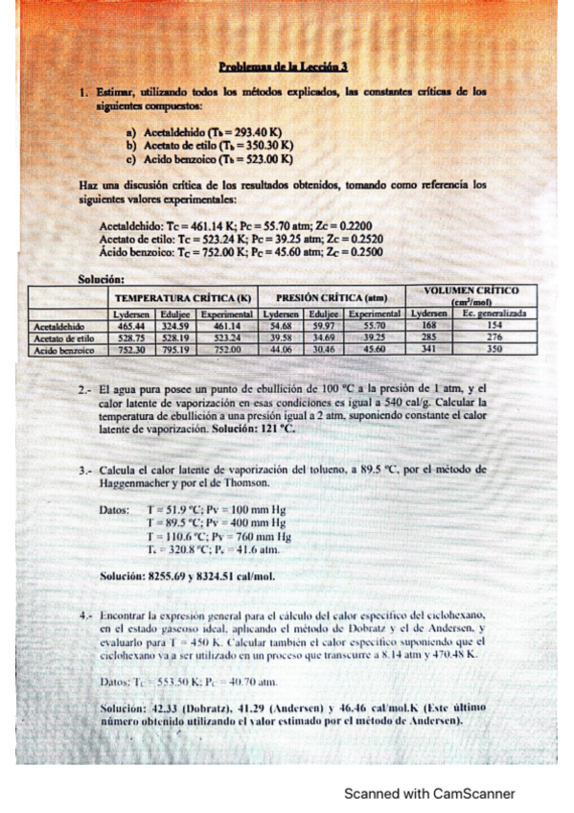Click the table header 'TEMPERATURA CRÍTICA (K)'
(x=182, y=298)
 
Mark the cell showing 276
(x=494, y=337)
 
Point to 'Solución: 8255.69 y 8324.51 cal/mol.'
(x=187, y=576)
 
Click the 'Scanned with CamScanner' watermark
(x=429, y=793)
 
